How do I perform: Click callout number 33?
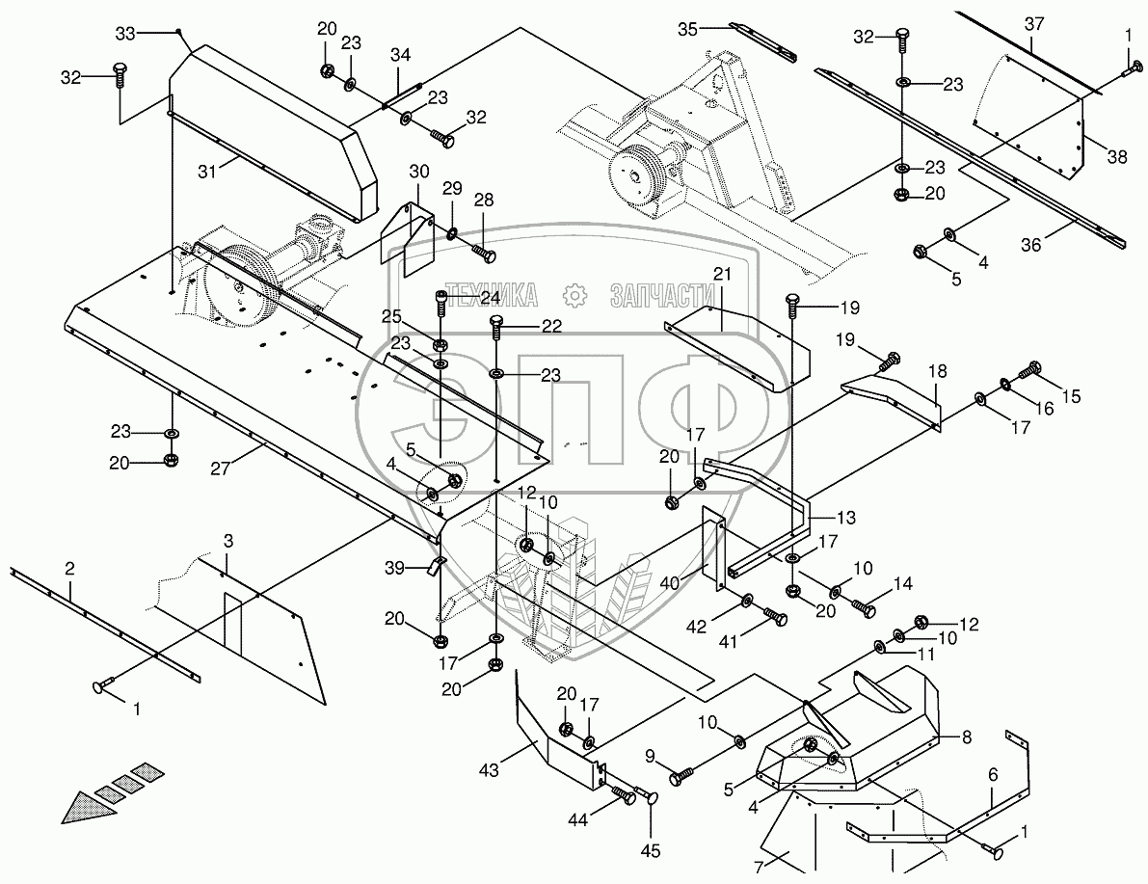pyautogui.click(x=125, y=34)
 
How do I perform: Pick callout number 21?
pyautogui.click(x=722, y=275)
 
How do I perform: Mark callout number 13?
pyautogui.click(x=844, y=518)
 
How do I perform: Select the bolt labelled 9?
pyautogui.click(x=681, y=771)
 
